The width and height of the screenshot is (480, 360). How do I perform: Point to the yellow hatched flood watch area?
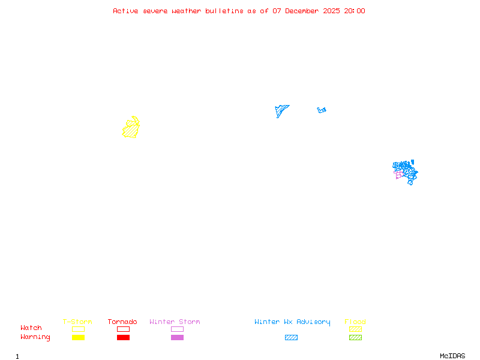click(131, 128)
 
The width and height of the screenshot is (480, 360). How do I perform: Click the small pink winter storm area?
click(398, 175)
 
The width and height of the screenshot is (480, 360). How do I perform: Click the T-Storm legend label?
click(77, 322)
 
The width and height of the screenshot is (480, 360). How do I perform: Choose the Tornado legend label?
click(122, 322)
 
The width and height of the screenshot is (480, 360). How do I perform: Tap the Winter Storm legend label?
click(175, 322)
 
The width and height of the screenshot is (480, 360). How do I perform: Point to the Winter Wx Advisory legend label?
click(292, 322)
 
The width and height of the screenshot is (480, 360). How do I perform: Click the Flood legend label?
click(355, 322)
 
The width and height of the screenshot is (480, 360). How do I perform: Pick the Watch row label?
click(31, 328)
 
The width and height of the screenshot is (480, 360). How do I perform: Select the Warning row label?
click(35, 337)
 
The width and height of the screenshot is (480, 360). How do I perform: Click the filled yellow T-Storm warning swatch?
click(78, 337)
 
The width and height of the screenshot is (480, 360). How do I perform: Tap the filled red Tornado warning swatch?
click(123, 337)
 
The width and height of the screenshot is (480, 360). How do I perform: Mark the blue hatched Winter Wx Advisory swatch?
click(291, 337)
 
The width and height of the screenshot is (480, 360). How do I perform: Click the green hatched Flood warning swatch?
click(355, 337)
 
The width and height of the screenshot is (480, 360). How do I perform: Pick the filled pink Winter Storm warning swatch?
click(177, 337)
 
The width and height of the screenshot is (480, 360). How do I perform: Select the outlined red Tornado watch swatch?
click(123, 329)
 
